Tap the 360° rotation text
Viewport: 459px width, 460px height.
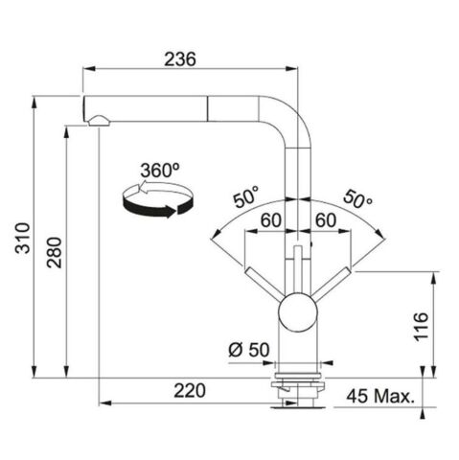tap(159, 169)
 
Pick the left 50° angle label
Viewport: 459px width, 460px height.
tap(244, 199)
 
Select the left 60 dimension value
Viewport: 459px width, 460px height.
tap(270, 220)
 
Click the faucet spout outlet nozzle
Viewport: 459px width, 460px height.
tap(97, 119)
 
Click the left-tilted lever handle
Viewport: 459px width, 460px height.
tap(266, 285)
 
